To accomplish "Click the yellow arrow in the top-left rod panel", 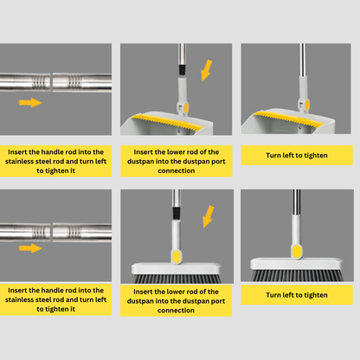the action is tap(30, 102).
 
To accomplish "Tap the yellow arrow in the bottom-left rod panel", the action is tap(30, 248).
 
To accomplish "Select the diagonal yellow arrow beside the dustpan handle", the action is tap(207, 70).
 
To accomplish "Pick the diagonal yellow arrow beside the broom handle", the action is tap(209, 216).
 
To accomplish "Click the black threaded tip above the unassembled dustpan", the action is tap(182, 70).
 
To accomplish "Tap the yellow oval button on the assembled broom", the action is tap(297, 251).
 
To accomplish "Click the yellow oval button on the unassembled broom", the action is tap(176, 256).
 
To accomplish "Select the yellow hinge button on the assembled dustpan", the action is tap(307, 105).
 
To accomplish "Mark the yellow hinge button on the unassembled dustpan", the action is tap(186, 107).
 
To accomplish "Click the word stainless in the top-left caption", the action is tap(19, 161).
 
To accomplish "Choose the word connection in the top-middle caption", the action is tap(177, 170).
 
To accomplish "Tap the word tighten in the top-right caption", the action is tap(316, 156).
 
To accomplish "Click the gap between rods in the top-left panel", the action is tap(52, 82).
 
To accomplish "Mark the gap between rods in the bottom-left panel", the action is tap(52, 232).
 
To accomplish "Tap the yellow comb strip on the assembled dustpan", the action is tap(288, 119).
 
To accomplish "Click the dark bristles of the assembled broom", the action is tap(297, 275).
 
